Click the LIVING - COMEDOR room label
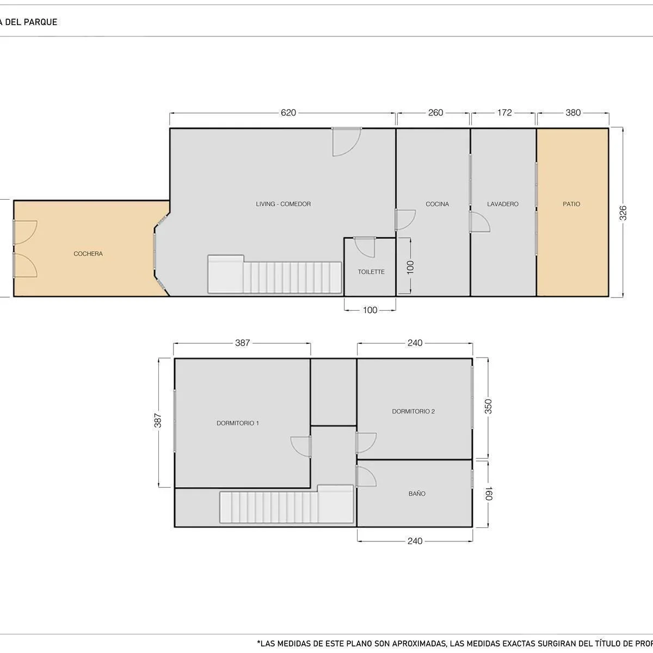coord(283,204)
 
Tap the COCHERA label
coord(88,254)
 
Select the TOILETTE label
coord(371,272)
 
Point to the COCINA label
coord(437,204)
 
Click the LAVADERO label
coord(503,204)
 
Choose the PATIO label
coord(571,204)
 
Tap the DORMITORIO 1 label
coord(238,423)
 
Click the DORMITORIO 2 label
coord(413,411)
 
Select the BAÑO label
coord(417,494)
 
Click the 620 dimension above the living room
coord(288,113)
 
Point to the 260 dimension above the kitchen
coord(435,113)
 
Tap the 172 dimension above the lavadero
coord(504,113)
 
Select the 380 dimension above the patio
coord(573,113)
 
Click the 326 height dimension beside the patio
coord(623,213)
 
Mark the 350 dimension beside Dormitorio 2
coord(488,406)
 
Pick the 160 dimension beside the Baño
coord(488,494)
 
